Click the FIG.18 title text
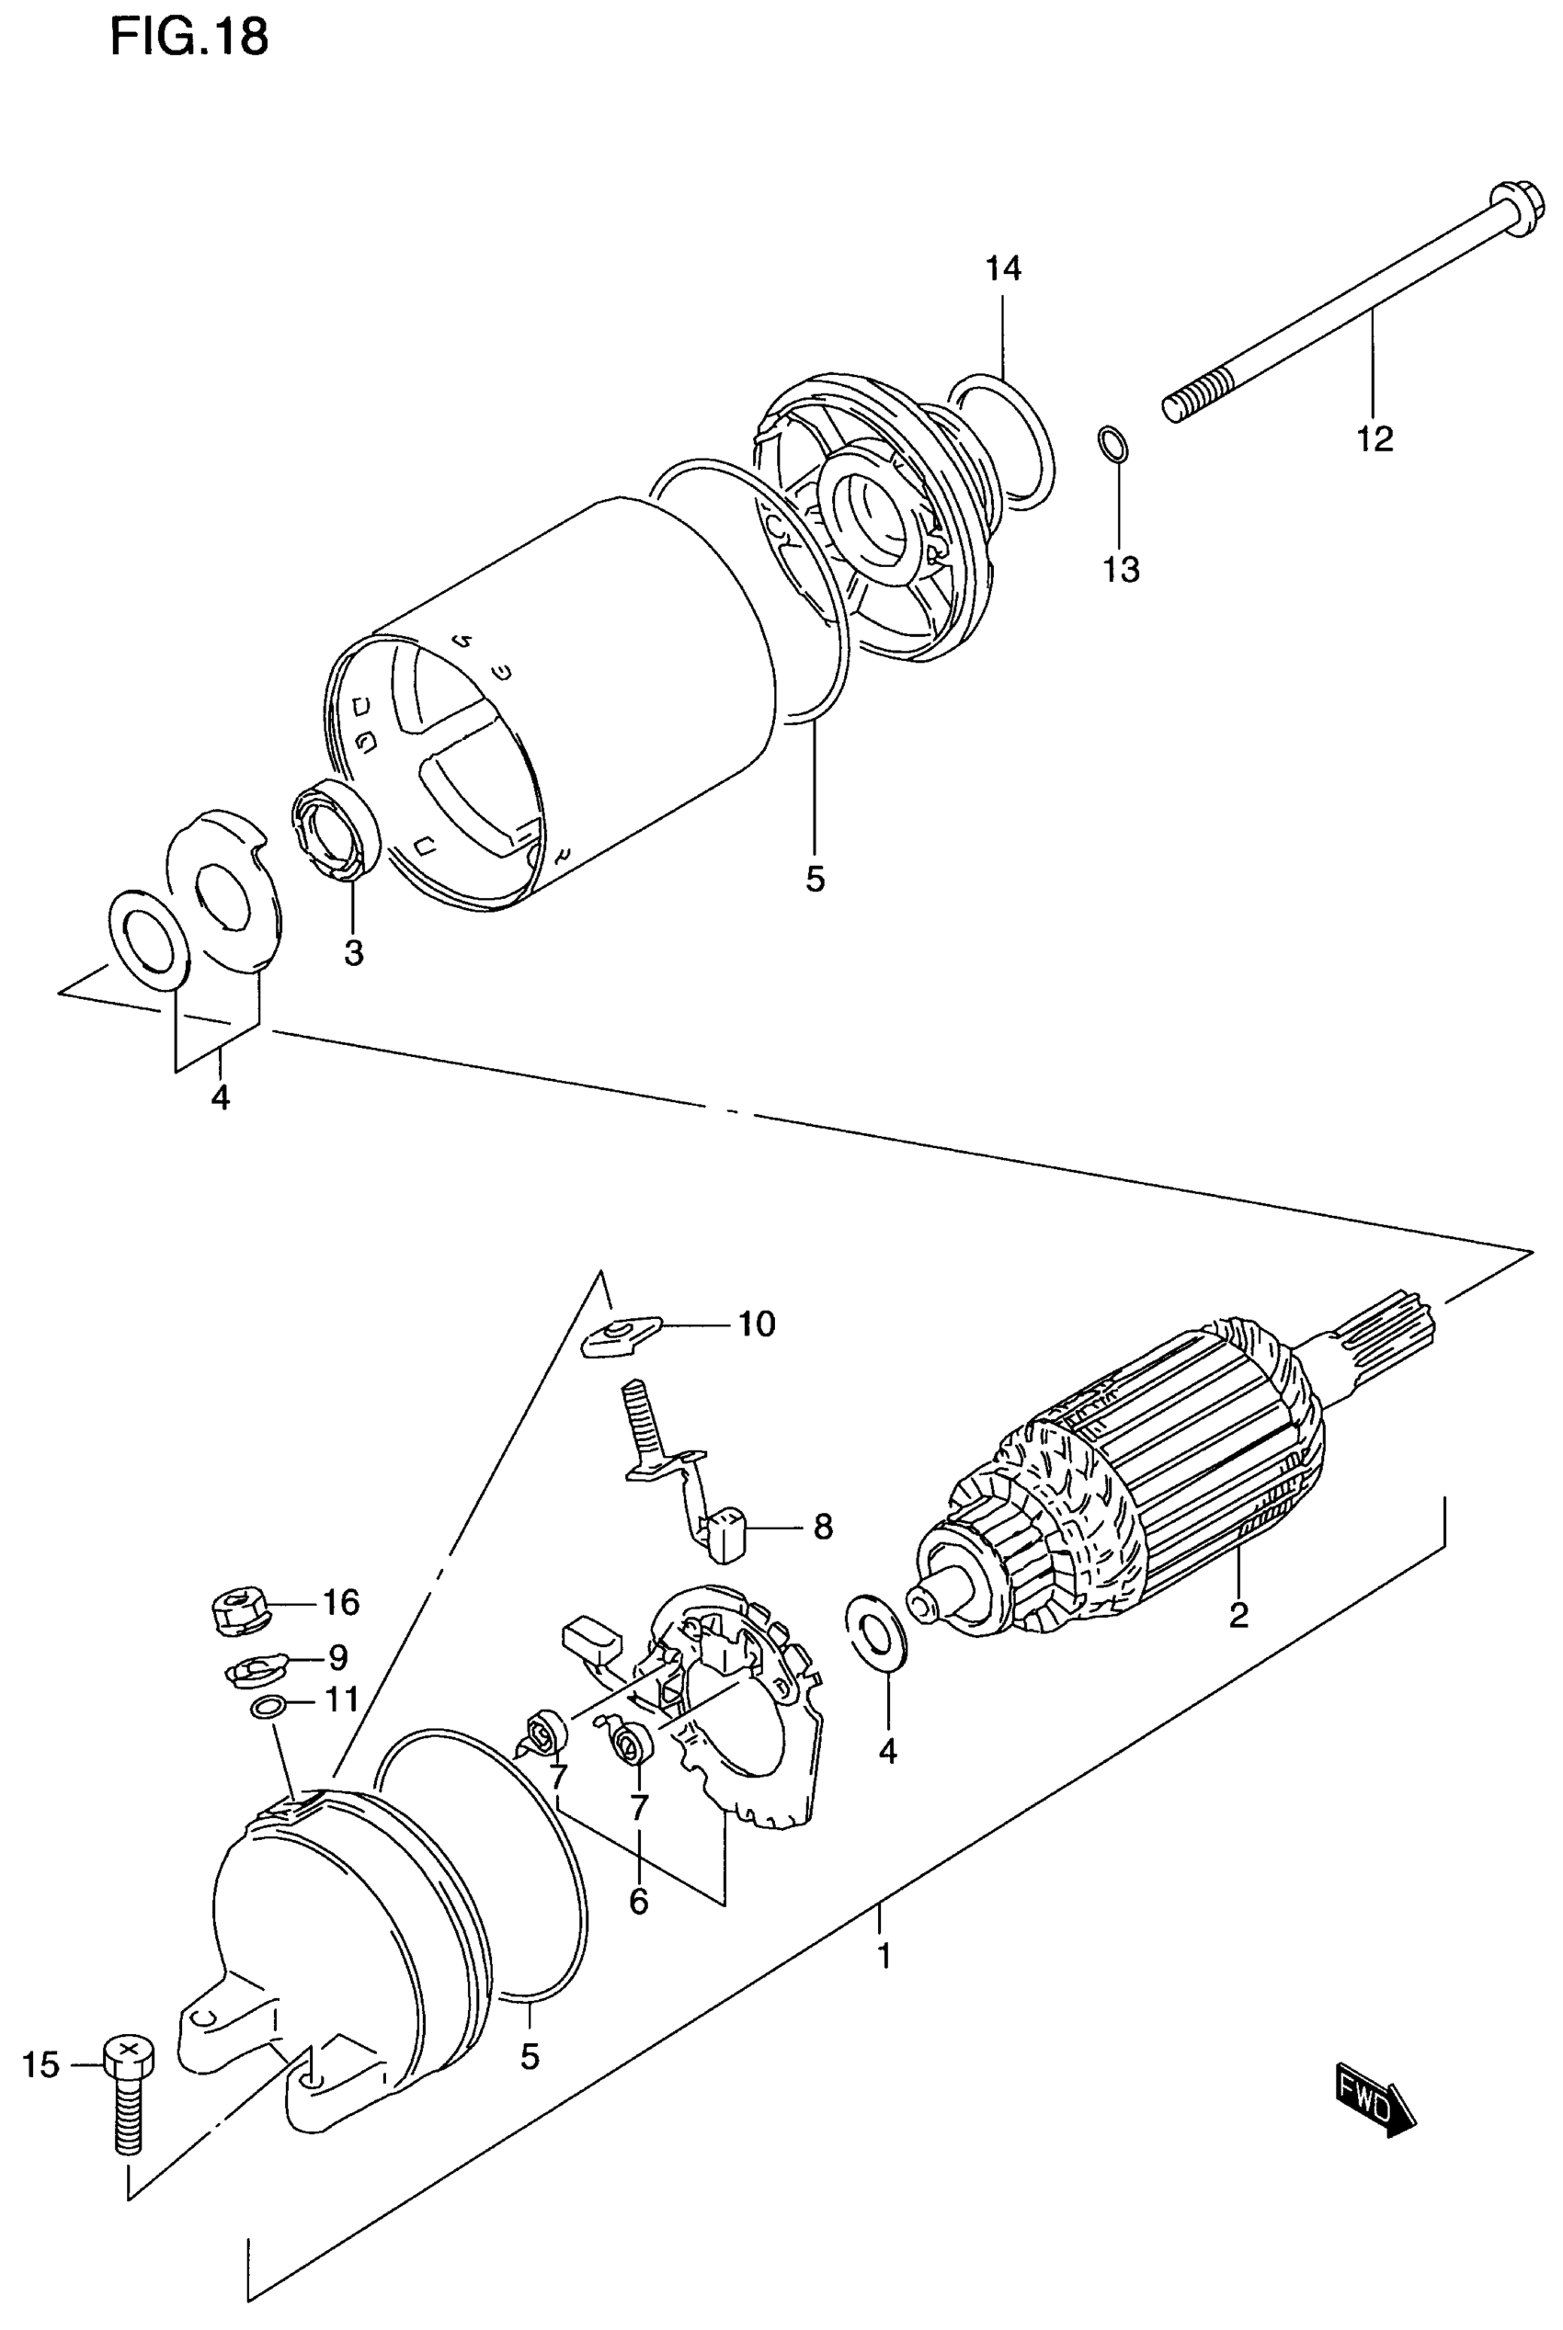coord(188,38)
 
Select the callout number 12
coord(1375,438)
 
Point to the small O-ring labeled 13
coord(1113,443)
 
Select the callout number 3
coord(354,954)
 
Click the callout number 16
coord(340,1602)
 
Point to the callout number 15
coord(40,2066)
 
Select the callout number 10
coord(757,1324)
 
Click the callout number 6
coord(639,1902)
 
